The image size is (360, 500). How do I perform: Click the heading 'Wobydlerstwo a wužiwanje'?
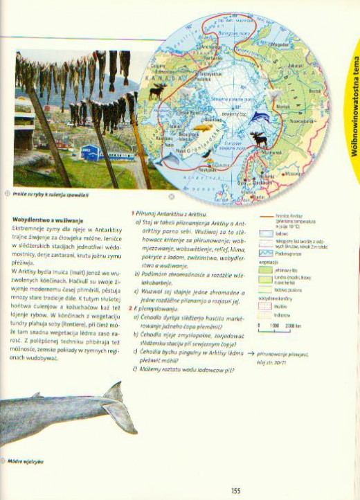click(42, 220)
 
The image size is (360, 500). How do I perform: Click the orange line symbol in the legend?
click(267, 217)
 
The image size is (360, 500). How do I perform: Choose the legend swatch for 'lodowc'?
click(267, 234)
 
